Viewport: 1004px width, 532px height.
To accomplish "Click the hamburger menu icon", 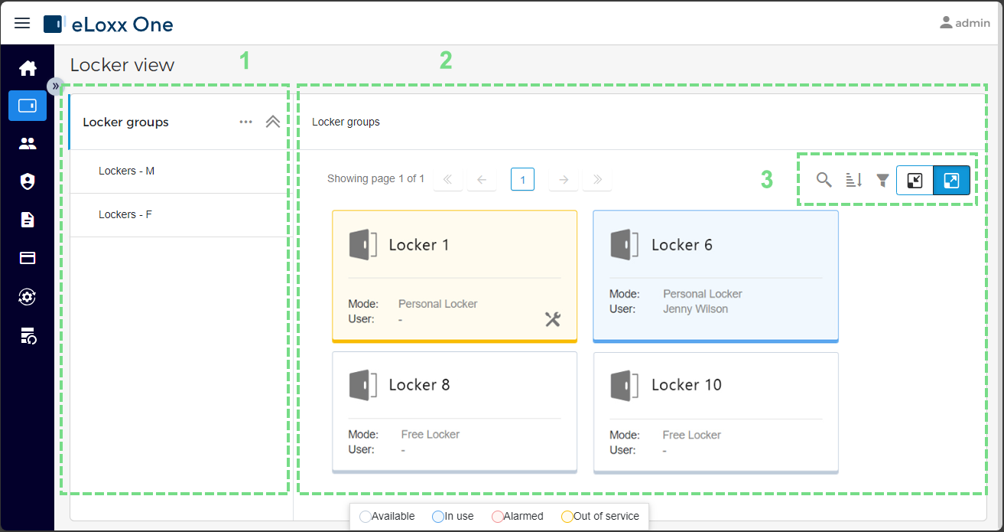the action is point(22,23).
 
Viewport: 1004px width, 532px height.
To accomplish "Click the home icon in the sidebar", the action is point(28,68).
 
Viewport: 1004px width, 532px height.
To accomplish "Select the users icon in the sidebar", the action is point(28,144).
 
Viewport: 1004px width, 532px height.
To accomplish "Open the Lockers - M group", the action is point(126,171).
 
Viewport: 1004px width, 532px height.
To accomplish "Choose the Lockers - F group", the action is point(125,214).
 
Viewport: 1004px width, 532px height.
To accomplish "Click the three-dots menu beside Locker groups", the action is point(245,122).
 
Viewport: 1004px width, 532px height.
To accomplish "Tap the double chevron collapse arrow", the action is point(273,122).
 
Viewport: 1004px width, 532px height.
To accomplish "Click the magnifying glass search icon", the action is point(824,180).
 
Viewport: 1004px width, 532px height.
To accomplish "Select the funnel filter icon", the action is point(882,180).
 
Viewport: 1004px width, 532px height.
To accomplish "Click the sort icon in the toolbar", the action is point(853,180).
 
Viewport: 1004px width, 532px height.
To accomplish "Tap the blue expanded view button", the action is point(951,181).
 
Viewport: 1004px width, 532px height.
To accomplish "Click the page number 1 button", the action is point(522,179).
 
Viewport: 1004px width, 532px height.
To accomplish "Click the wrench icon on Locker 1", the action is point(553,319).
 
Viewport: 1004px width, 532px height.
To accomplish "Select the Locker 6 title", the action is point(682,245).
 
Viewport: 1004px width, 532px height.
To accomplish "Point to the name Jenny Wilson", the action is point(695,309).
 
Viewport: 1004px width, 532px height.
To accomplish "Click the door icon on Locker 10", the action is point(624,385).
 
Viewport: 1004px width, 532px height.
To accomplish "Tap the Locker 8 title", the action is point(419,385).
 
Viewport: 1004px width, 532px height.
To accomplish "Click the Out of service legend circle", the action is point(567,517).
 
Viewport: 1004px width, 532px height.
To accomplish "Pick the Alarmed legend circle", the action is point(498,517).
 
